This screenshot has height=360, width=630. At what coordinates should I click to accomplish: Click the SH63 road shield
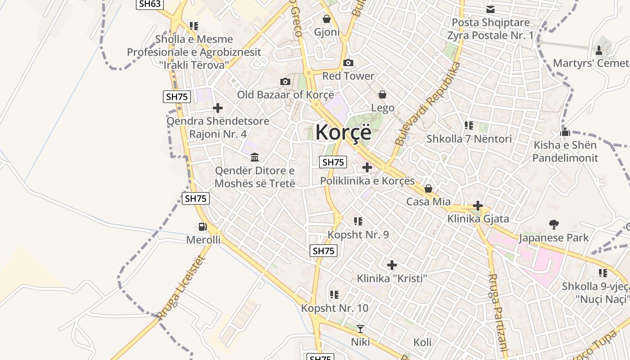[x=149, y=4]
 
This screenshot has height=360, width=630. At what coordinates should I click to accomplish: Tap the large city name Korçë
[x=343, y=132]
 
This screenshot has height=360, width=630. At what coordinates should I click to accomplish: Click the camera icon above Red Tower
[x=348, y=63]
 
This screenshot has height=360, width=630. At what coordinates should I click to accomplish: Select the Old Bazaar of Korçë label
[x=285, y=95]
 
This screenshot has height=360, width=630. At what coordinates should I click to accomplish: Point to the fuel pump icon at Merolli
[x=203, y=227]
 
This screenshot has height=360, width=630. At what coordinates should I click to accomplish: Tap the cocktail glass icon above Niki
[x=360, y=328]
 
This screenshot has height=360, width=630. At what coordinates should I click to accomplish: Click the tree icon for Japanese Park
[x=553, y=224]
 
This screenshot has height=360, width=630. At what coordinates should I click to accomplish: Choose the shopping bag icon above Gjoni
[x=327, y=19]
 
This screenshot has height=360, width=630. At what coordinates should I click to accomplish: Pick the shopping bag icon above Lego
[x=382, y=94]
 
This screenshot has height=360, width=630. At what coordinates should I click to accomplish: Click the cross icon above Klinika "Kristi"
[x=392, y=265]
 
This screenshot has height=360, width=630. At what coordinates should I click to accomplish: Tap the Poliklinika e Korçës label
[x=367, y=181]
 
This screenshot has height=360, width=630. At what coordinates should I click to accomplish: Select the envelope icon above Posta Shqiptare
[x=490, y=9]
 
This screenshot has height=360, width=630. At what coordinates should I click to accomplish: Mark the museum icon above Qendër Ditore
[x=255, y=157]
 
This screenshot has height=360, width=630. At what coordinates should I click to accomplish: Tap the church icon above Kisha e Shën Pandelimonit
[x=565, y=132]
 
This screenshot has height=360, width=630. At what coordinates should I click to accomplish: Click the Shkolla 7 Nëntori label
[x=469, y=139]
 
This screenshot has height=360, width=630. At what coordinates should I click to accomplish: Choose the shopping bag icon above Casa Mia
[x=428, y=188]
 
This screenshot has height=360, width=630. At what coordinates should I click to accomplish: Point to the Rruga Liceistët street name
[x=181, y=288]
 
